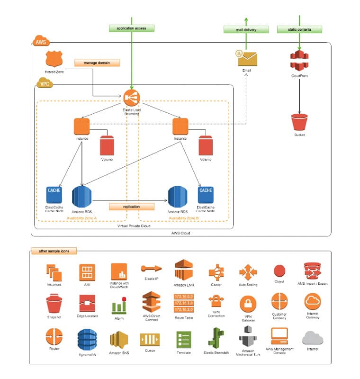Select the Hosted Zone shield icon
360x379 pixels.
click(x=54, y=60)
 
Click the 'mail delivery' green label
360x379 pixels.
click(x=246, y=29)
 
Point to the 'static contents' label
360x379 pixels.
click(x=299, y=29)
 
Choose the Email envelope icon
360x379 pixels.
click(x=247, y=58)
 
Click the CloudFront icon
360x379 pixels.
click(x=299, y=61)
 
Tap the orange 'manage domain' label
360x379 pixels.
click(x=97, y=63)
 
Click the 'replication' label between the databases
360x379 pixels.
click(x=132, y=207)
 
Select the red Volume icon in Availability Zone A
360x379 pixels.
click(x=107, y=145)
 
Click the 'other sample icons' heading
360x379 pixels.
click(x=54, y=251)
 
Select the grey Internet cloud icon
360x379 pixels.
click(x=313, y=338)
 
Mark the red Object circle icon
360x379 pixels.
click(x=279, y=271)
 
